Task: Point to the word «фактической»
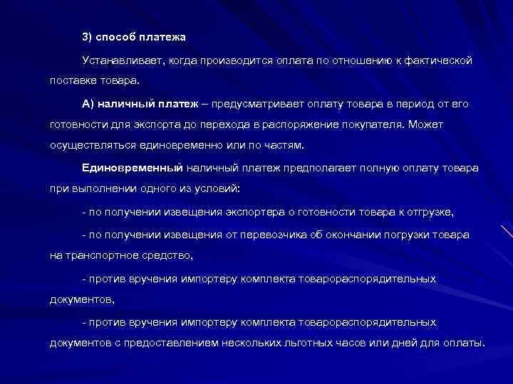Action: click(440, 61)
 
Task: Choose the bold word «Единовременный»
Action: click(132, 168)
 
